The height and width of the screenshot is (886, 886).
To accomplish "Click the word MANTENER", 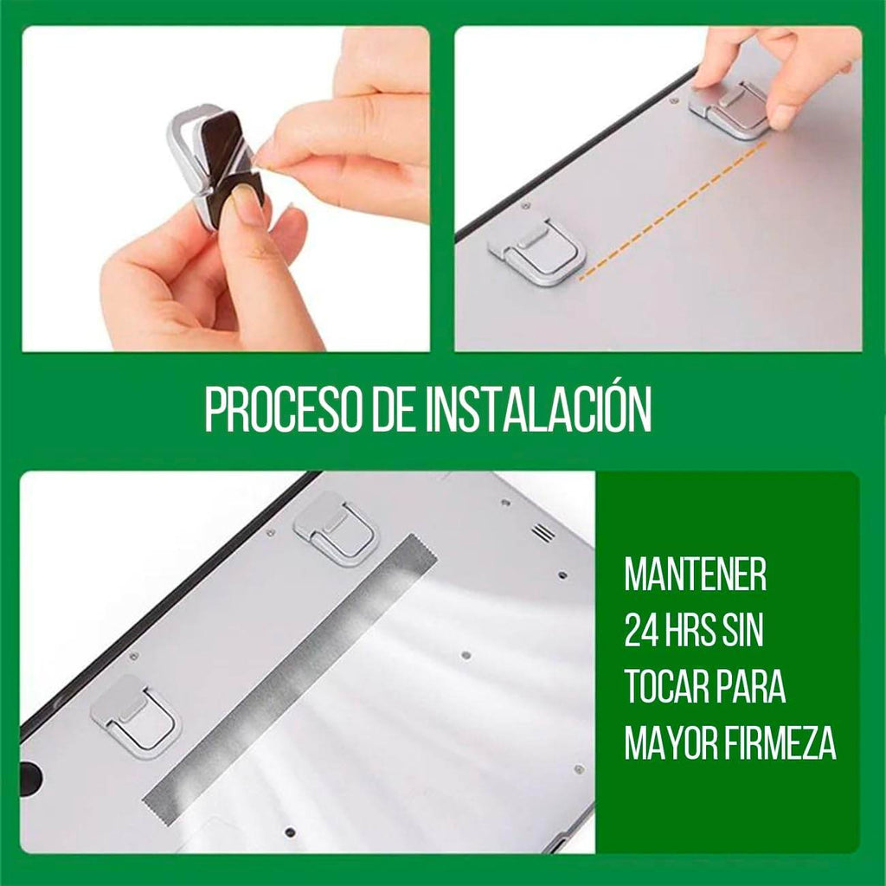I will pyautogui.click(x=696, y=575).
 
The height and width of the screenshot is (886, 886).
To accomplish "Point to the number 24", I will pyautogui.click(x=642, y=632).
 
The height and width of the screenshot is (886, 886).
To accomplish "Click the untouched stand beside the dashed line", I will pyautogui.click(x=536, y=248).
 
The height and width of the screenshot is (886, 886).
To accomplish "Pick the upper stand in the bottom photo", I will pyautogui.click(x=336, y=529).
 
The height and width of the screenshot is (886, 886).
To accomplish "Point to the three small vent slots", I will pyautogui.click(x=543, y=532).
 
